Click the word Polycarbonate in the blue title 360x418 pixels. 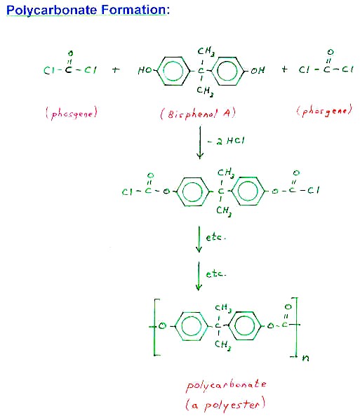[x=51, y=11]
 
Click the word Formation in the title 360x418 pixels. [x=135, y=10]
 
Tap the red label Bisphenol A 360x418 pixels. [x=198, y=114]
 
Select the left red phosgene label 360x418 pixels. [x=71, y=113]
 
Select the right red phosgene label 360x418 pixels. [x=324, y=110]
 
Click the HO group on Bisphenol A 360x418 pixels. [x=145, y=70]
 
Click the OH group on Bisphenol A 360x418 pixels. [x=258, y=70]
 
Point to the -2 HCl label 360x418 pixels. [x=226, y=141]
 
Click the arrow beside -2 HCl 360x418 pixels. [x=200, y=142]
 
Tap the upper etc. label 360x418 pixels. [x=215, y=237]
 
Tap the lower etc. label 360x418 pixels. [x=215, y=274]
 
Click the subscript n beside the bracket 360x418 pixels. [x=305, y=358]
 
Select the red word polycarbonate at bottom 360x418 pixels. [x=226, y=386]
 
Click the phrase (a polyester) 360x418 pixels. [x=225, y=404]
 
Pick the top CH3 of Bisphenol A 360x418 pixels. [x=206, y=51]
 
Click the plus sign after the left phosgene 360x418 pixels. [x=116, y=70]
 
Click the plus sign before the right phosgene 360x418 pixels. [x=284, y=69]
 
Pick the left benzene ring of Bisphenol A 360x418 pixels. [x=173, y=71]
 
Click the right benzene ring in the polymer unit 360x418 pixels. [x=245, y=326]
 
